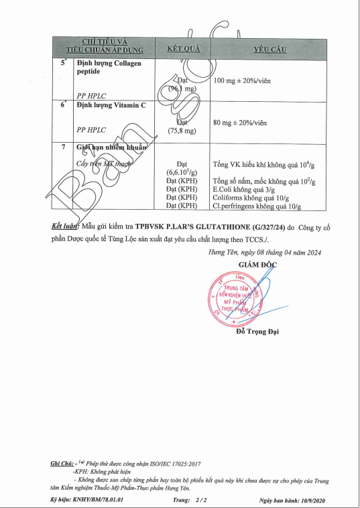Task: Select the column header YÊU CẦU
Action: (270, 49)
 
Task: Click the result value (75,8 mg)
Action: (182, 131)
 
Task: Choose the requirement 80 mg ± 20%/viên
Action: (240, 123)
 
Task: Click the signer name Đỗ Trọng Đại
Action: (257, 332)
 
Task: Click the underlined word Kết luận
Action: (65, 227)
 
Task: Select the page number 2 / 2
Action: (200, 500)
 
